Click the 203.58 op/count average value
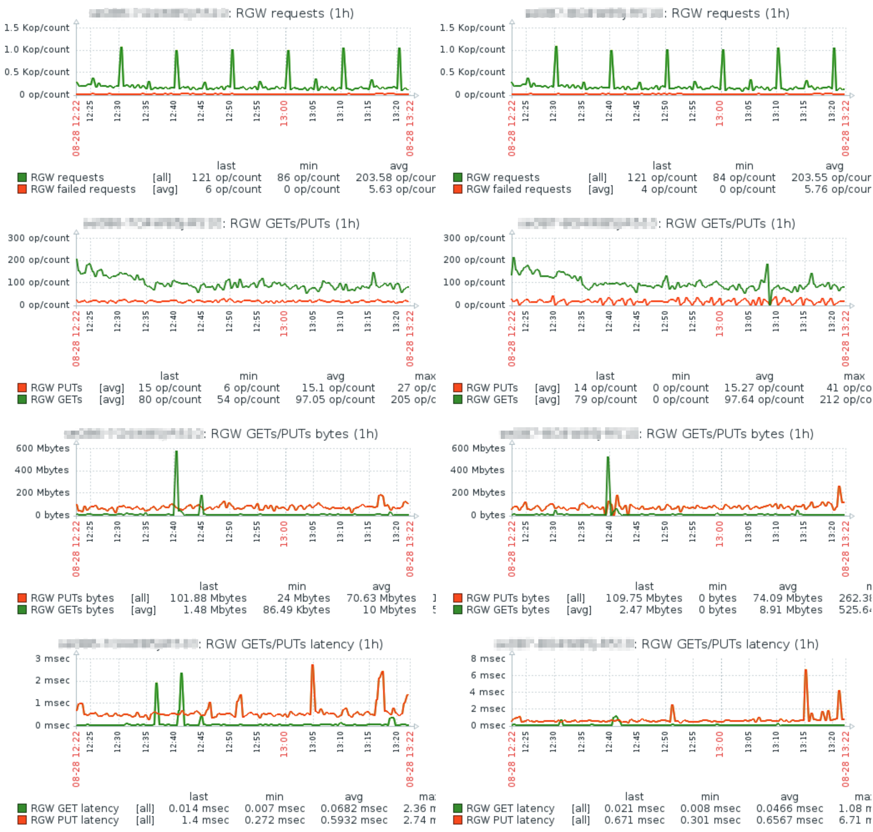(x=395, y=177)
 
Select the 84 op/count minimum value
(x=744, y=177)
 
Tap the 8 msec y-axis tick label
(x=487, y=658)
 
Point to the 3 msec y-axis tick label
(x=52, y=658)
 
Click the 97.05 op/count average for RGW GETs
(x=335, y=400)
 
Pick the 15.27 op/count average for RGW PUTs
(x=763, y=388)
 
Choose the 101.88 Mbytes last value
(x=208, y=598)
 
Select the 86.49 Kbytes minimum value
(x=296, y=610)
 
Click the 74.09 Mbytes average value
(x=787, y=598)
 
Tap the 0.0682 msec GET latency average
(x=354, y=809)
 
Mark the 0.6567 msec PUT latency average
(x=790, y=820)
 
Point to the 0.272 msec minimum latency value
(x=275, y=820)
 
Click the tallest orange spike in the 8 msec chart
(x=805, y=671)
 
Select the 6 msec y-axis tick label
(x=487, y=676)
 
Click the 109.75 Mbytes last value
(x=643, y=598)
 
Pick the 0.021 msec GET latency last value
(x=634, y=809)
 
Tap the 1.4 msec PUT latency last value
(x=205, y=820)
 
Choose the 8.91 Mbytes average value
(x=790, y=610)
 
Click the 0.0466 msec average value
(x=790, y=809)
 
